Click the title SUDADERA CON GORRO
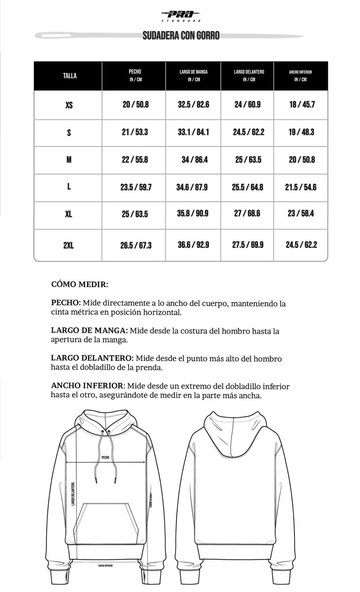click(x=181, y=36)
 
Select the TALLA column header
click(x=69, y=76)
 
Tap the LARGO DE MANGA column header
click(x=193, y=75)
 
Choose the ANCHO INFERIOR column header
click(x=300, y=75)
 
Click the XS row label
click(x=69, y=105)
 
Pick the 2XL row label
click(x=68, y=246)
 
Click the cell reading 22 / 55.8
click(x=135, y=160)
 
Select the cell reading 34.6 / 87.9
click(x=192, y=187)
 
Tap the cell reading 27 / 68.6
click(x=247, y=214)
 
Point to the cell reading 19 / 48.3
click(x=301, y=132)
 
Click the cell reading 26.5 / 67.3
click(x=136, y=246)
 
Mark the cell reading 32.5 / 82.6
click(x=193, y=104)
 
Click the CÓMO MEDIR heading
click(x=80, y=284)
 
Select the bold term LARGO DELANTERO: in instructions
click(x=92, y=358)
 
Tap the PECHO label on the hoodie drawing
click(x=105, y=457)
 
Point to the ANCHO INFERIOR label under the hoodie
click(x=105, y=566)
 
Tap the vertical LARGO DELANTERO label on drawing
click(x=73, y=494)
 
